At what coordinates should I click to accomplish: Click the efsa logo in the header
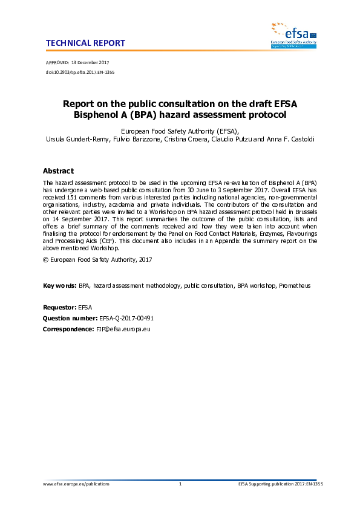[293, 34]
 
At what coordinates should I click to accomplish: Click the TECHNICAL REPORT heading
[85, 43]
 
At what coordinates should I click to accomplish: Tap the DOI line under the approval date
[80, 72]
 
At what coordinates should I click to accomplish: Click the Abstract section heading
[59, 171]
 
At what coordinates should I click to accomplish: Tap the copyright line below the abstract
[97, 259]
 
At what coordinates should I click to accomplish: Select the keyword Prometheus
[295, 285]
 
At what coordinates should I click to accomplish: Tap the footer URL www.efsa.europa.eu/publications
[77, 484]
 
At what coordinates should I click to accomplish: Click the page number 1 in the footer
[180, 484]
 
